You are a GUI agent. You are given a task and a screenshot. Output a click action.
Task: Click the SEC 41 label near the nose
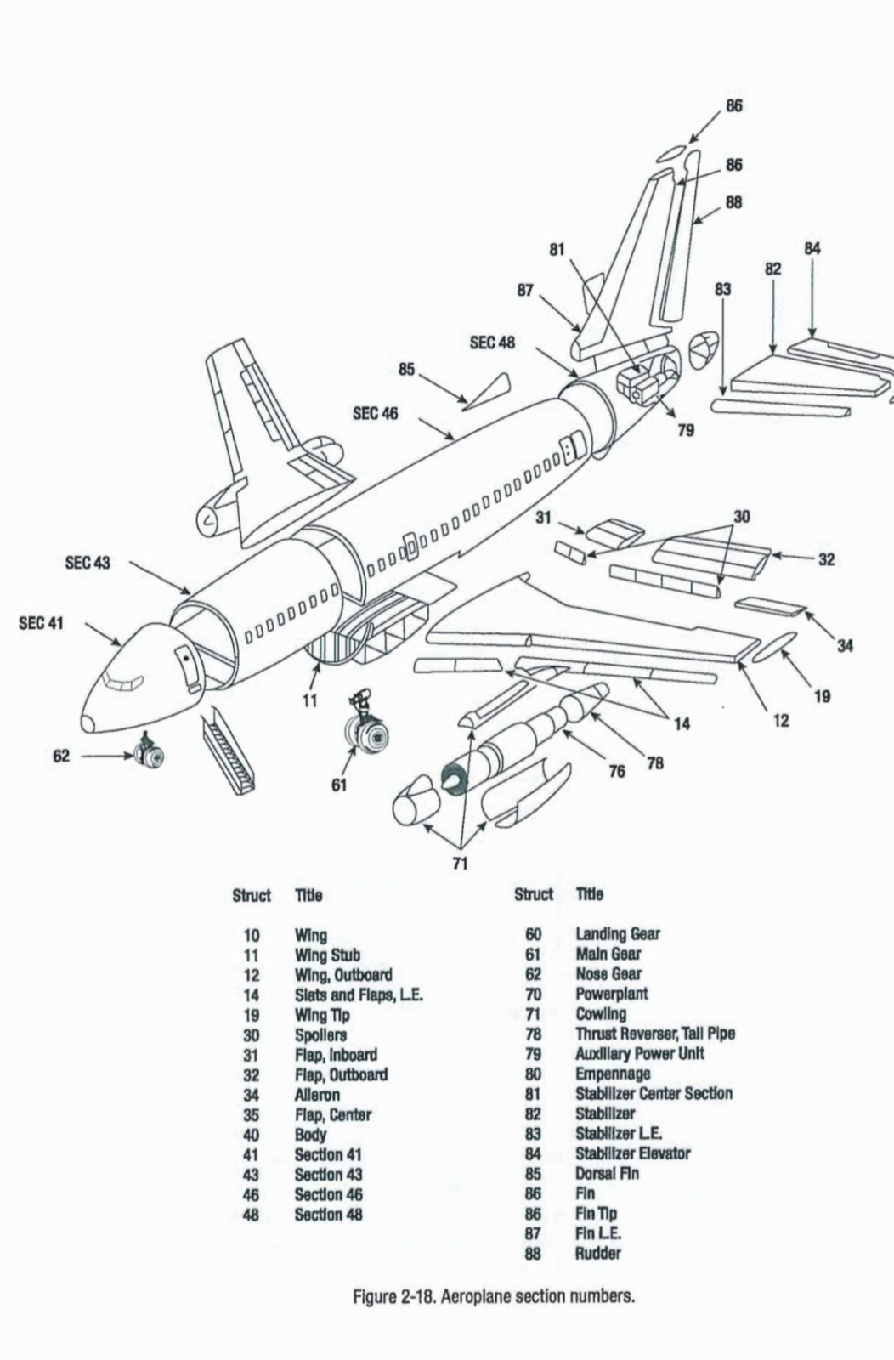tap(41, 623)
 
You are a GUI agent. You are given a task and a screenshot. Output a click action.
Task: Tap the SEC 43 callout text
tap(88, 563)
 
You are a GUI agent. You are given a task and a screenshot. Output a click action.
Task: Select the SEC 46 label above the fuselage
tap(375, 414)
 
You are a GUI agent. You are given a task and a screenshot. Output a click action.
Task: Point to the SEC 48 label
tap(492, 343)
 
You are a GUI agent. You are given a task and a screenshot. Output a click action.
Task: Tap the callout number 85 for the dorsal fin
tap(406, 369)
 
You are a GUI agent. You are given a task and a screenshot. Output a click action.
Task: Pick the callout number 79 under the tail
tap(686, 430)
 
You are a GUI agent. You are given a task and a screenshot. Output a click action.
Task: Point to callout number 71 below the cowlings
tap(460, 864)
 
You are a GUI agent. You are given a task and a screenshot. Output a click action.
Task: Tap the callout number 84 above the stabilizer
tap(812, 248)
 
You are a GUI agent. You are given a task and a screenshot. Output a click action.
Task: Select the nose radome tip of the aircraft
tap(88, 724)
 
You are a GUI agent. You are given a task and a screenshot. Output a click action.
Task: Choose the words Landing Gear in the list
tap(617, 934)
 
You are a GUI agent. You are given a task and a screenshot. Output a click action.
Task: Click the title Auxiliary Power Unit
tap(639, 1053)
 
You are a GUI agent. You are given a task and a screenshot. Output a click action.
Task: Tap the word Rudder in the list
tap(597, 1253)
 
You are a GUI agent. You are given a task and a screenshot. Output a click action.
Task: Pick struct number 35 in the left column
tap(251, 1114)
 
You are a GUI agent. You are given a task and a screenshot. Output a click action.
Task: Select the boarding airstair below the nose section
tap(229, 754)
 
